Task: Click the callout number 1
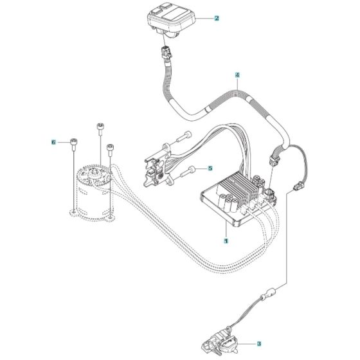point(226,242)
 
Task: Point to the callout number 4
point(237,75)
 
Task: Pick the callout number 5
point(209,168)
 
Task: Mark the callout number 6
point(54,141)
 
